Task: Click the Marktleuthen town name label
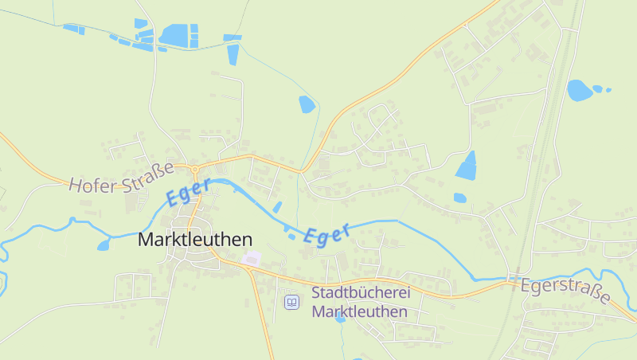(195, 239)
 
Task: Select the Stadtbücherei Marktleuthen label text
(360, 302)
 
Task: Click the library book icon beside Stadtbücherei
(292, 302)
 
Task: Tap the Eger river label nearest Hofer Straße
(189, 191)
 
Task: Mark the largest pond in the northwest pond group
(174, 35)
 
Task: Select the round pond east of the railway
(579, 90)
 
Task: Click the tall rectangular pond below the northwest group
(233, 54)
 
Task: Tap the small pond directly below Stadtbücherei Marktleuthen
(341, 317)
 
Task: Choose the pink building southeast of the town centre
(252, 258)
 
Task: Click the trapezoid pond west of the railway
(466, 165)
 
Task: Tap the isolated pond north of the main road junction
(307, 104)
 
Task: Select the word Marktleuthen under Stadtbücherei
(360, 312)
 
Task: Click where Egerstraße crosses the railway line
(516, 279)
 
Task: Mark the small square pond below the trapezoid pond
(459, 198)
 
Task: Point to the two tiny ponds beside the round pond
(602, 88)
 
